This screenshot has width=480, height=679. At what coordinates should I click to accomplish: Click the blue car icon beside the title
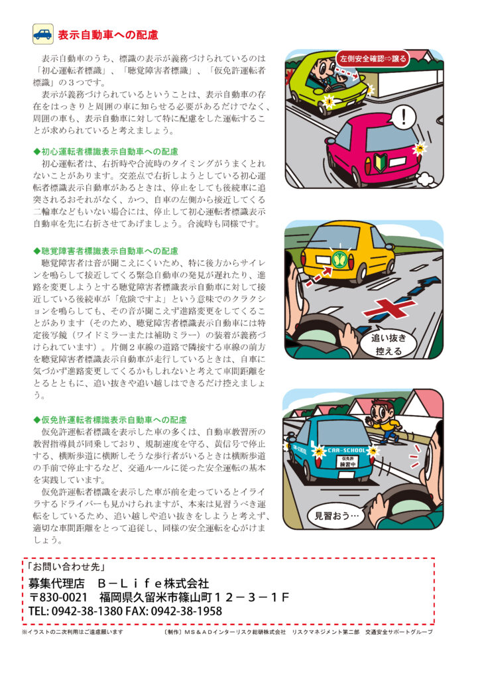(x=43, y=34)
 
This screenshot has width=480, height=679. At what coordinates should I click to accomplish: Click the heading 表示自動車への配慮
(x=108, y=35)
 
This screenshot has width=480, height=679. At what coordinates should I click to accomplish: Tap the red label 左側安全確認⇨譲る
(x=373, y=58)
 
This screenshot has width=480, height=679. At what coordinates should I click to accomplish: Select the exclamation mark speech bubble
(x=403, y=117)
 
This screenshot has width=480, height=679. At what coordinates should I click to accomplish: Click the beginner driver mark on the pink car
(x=380, y=163)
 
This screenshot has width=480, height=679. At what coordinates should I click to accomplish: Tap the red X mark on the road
(x=389, y=308)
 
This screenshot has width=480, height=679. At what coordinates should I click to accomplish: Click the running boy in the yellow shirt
(x=384, y=420)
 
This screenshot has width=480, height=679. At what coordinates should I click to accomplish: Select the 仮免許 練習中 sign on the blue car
(x=347, y=462)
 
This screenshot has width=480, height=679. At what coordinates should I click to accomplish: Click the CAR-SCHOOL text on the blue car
(x=347, y=450)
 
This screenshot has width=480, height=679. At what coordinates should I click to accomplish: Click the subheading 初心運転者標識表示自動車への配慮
(x=106, y=152)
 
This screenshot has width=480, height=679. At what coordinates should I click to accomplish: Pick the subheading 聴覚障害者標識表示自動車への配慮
(x=106, y=251)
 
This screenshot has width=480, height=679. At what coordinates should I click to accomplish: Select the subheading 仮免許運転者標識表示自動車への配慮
(x=110, y=420)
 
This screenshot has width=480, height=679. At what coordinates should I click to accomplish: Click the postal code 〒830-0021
(x=58, y=597)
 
